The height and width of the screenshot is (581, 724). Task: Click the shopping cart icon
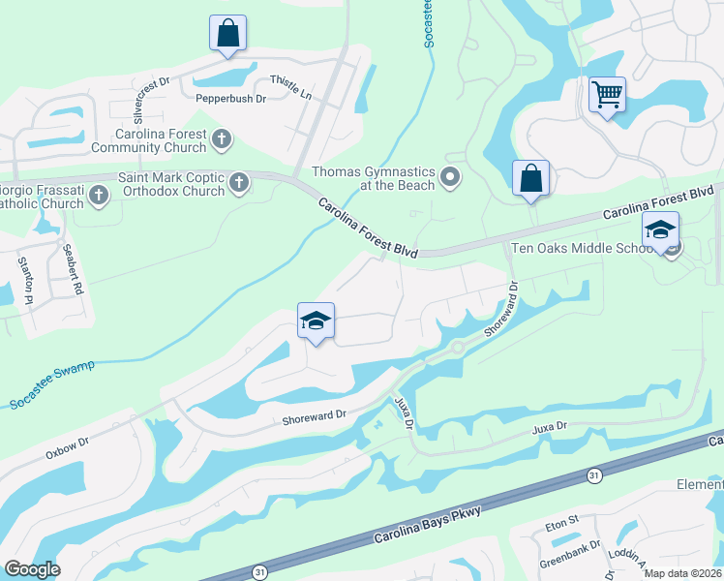click(607, 95)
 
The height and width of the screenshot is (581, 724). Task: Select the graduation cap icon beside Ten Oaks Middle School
click(660, 229)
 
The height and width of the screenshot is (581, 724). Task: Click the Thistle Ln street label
click(290, 86)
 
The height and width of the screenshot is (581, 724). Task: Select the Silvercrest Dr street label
click(152, 94)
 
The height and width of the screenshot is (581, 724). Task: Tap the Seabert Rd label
click(74, 273)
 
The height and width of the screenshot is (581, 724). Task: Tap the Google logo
click(32, 569)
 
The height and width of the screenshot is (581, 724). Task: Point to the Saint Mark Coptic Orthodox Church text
click(170, 184)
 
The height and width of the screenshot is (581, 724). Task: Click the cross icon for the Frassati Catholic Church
click(97, 197)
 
